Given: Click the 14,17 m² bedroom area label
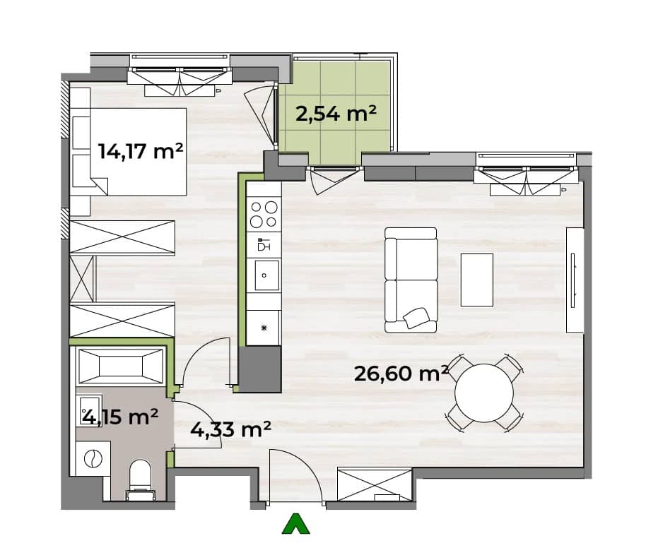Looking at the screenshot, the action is pos(141,151).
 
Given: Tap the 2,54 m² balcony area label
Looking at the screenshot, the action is pos(336,113).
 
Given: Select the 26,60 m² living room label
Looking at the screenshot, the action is pos(401,374).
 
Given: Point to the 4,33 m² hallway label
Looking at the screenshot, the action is pos(230,429).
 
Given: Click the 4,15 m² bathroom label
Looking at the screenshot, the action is pos(120,417).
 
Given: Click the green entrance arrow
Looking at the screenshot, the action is pos(295,523).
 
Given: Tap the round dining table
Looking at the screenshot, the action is pos(484,393).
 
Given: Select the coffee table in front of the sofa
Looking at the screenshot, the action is pos(476,280).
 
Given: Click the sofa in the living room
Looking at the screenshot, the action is pos(411,280).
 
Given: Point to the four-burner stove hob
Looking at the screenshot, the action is pos(264,214).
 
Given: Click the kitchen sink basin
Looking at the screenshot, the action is pos(266,275).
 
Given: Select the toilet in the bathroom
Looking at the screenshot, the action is pos(140,479).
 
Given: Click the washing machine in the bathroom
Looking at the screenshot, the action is pos(93,458).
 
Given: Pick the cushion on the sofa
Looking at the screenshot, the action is pos(416,318).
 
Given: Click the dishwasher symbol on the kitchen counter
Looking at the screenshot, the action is pos(263,244).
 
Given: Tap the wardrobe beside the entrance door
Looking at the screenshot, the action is pos(375,484).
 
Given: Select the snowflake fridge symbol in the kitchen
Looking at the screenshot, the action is pos(264,328).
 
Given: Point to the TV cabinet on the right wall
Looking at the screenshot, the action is pos(575,280).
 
